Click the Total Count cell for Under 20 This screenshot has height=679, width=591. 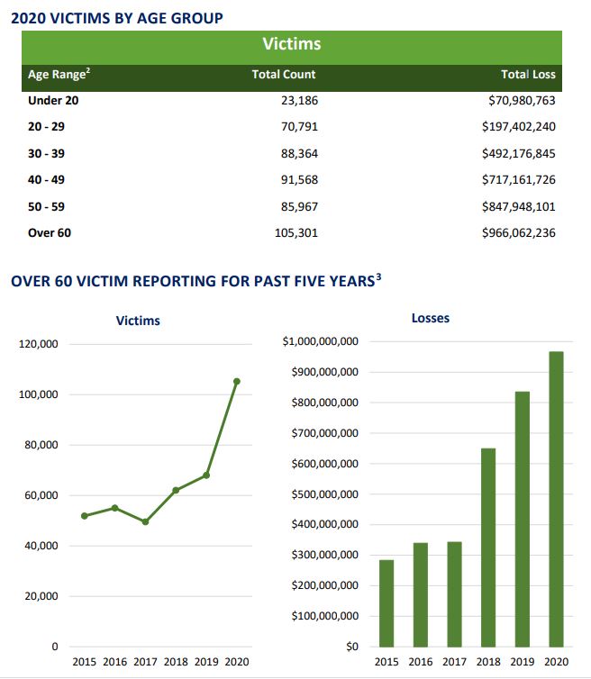point(299,101)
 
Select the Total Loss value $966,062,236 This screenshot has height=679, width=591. point(518,233)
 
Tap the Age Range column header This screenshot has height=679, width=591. point(59,75)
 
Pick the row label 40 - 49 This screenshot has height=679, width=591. point(47,180)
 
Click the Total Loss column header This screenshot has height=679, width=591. point(528,75)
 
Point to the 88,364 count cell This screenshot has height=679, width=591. point(299,154)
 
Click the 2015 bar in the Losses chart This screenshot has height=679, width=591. point(386,602)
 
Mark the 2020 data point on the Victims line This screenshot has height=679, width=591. point(237,381)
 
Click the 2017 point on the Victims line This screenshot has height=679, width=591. point(145,521)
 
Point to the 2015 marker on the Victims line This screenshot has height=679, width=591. point(84,516)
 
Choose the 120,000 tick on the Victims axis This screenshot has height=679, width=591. point(38,344)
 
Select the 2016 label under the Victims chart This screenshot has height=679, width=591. point(115,662)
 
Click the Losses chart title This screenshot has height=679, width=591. point(430,318)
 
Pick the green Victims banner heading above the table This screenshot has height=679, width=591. point(291,44)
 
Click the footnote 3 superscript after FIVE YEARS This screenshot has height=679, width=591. point(379,276)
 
